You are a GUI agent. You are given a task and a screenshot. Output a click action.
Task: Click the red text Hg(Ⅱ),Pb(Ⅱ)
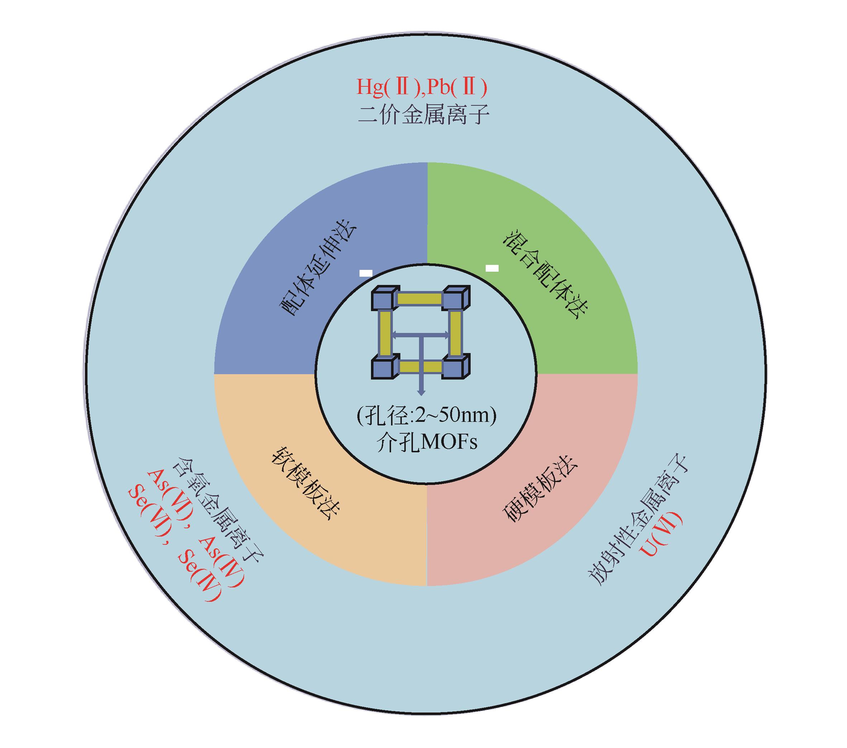[x=422, y=87]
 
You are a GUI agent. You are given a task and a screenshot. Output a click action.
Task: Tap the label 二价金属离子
[x=424, y=115]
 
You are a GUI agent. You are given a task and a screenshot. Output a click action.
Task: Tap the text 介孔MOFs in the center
[x=427, y=443]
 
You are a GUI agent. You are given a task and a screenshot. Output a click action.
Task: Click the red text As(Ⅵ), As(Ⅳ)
[x=195, y=528]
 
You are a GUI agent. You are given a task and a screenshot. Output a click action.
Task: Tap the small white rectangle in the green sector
[x=492, y=268]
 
